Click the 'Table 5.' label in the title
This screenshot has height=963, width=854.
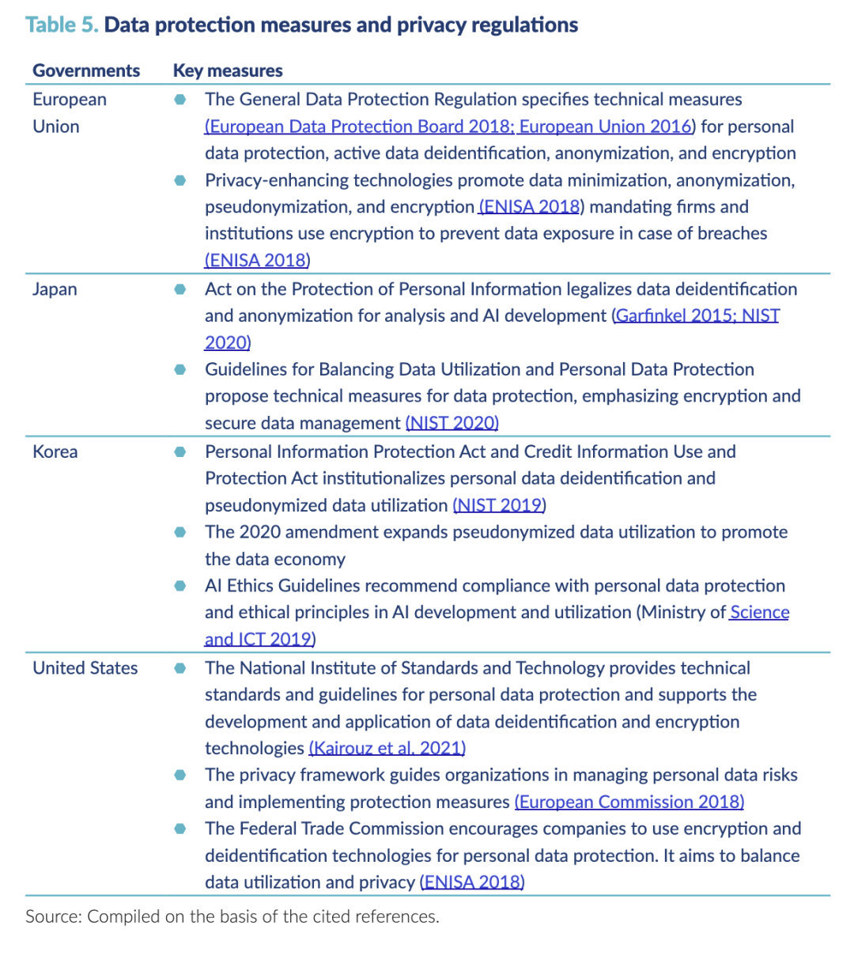point(62,25)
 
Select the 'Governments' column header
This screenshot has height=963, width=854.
point(86,70)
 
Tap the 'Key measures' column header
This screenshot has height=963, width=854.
point(228,70)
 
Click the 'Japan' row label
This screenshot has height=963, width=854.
point(55,289)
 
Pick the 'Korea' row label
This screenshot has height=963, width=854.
point(55,452)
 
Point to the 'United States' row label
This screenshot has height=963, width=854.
point(85,668)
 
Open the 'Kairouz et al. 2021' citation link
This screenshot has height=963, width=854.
point(387,749)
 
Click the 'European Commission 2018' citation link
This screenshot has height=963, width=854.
point(629,802)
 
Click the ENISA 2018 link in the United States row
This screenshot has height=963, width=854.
point(473,883)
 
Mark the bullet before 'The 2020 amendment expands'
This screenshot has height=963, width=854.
point(180,532)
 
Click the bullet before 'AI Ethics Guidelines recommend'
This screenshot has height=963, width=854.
point(180,586)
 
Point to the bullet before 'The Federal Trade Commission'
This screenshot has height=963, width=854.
point(180,829)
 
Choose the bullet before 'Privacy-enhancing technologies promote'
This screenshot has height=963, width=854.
point(180,180)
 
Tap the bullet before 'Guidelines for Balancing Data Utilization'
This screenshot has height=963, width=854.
point(180,369)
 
